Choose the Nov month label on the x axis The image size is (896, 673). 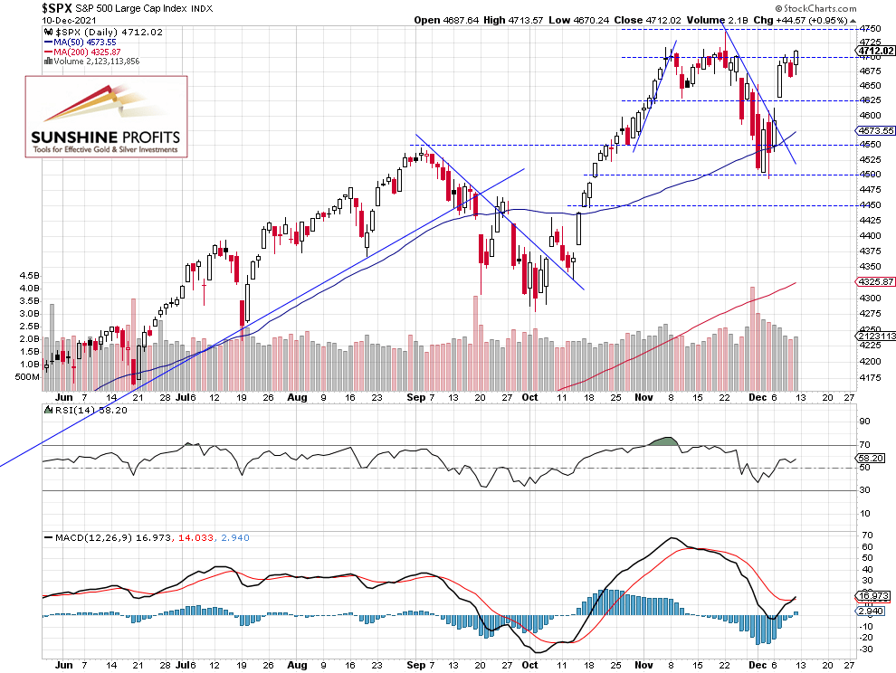point(644,397)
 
